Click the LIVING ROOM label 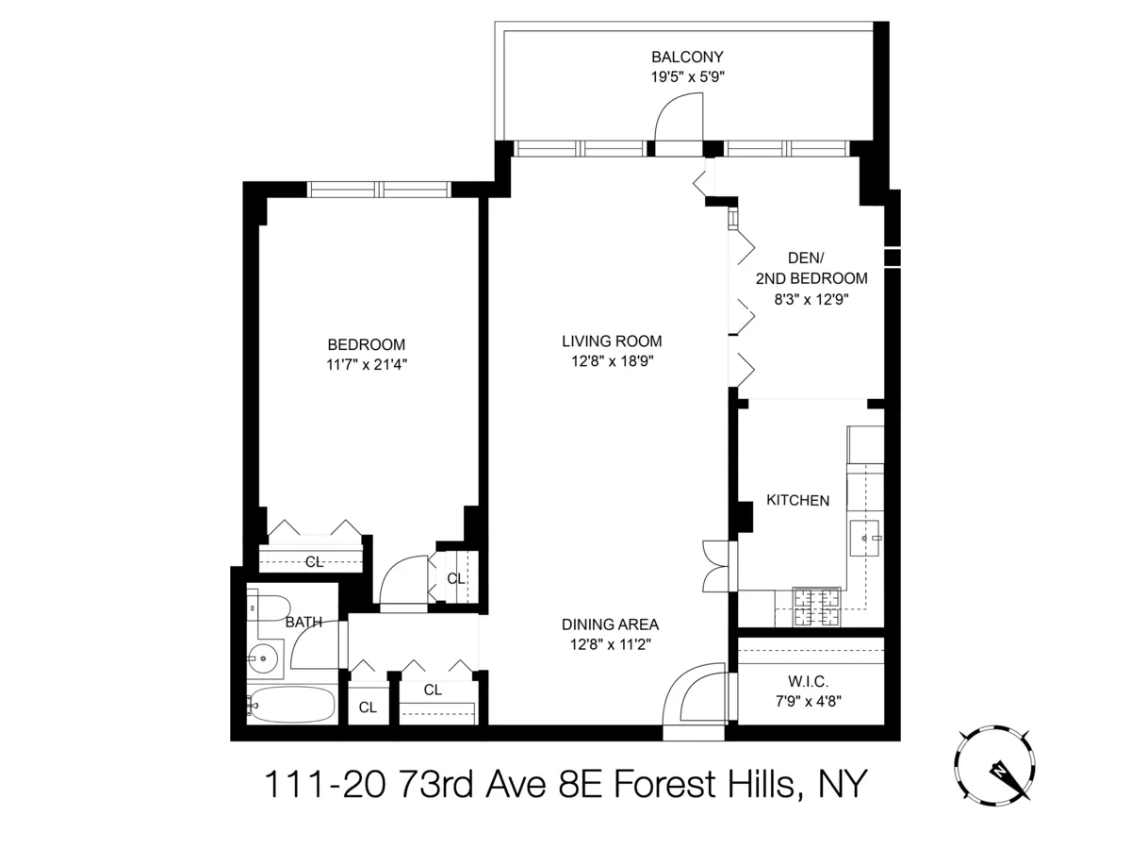[x=612, y=341]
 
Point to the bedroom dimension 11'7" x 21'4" [x=367, y=364]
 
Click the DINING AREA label [x=610, y=624]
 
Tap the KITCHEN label [x=797, y=501]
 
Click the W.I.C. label [x=809, y=682]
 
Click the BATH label [x=303, y=623]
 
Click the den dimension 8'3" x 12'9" [x=811, y=299]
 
